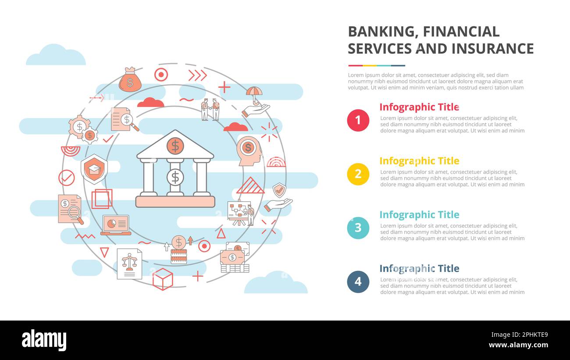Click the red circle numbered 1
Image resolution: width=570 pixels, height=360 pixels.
358,120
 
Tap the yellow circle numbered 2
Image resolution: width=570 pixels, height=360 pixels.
358,174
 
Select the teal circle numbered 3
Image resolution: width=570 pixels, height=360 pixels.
358,228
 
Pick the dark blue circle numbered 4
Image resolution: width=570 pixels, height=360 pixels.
358,282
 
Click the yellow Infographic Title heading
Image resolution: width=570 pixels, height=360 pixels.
419,161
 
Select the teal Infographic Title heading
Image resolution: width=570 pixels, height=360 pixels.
419,215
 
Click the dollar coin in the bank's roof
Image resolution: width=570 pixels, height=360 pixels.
175,146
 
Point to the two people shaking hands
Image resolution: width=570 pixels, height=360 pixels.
210,109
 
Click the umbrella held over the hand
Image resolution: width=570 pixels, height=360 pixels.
254,92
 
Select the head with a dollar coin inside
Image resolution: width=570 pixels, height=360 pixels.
249,150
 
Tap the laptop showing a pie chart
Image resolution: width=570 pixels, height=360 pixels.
116,225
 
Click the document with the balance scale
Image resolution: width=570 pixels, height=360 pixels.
129,264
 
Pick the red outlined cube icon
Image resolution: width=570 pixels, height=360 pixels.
163,279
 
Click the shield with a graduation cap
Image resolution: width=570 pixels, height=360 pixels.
94,169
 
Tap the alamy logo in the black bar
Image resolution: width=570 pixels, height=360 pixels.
44,340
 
